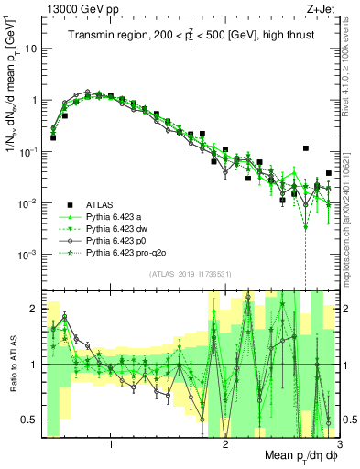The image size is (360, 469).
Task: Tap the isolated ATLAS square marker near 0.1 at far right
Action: pos(306,148)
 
